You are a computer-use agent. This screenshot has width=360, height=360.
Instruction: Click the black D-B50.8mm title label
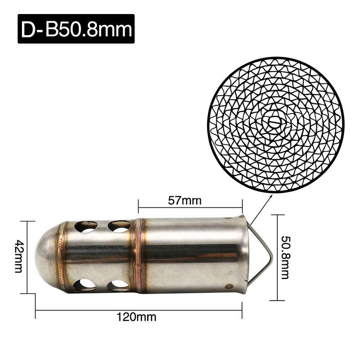point(76,29)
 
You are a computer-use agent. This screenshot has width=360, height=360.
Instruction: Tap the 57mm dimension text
point(185,201)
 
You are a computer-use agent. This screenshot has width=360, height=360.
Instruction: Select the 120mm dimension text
point(136,317)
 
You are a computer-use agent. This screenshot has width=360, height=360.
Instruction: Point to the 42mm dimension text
point(19,256)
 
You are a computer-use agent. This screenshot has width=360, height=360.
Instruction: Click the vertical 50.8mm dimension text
point(285,257)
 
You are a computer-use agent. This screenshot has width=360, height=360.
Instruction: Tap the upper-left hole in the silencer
point(86,227)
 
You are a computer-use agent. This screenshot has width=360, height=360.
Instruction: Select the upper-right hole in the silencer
point(119,226)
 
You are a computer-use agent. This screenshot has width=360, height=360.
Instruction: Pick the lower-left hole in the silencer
point(85,285)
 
